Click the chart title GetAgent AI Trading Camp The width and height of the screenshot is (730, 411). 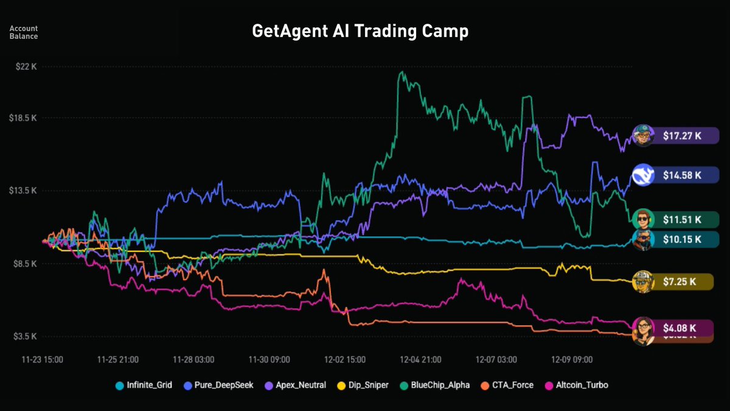[360, 32]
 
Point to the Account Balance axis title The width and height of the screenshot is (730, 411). [24, 32]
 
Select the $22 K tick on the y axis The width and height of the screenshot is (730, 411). [26, 67]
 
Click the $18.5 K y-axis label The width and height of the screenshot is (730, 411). [24, 118]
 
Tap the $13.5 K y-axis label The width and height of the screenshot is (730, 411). [24, 191]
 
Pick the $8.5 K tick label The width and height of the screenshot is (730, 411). [25, 264]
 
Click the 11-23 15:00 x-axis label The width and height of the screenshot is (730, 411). [43, 359]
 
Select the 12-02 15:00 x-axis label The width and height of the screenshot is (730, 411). [346, 359]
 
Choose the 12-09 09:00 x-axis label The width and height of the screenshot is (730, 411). [572, 359]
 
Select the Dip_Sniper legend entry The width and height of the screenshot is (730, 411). [363, 385]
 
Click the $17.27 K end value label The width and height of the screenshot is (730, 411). [681, 136]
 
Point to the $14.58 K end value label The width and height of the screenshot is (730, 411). [681, 175]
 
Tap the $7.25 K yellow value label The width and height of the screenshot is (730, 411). [681, 281]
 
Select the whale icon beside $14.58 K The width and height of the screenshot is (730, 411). [642, 175]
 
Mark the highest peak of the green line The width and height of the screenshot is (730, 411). [401, 72]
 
